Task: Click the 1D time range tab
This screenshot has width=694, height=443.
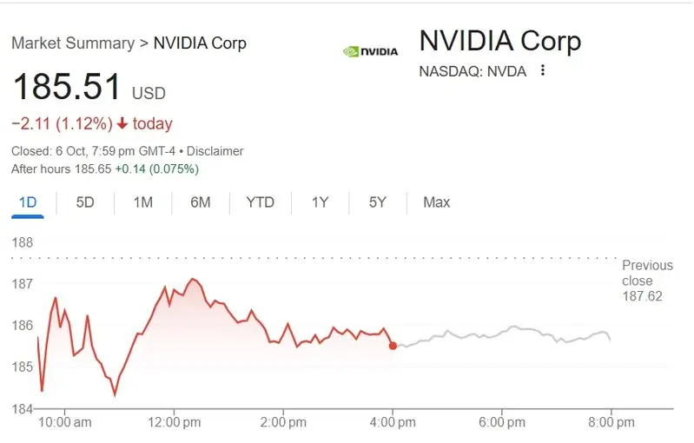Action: (28, 202)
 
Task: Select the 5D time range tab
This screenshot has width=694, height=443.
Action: (85, 202)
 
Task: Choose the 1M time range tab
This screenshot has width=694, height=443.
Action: (143, 202)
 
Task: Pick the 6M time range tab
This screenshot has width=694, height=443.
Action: (201, 202)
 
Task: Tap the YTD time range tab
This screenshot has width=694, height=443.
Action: (260, 202)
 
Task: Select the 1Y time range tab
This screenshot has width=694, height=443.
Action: (321, 202)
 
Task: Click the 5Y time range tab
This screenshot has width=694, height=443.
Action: (377, 202)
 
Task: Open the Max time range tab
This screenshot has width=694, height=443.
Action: (436, 202)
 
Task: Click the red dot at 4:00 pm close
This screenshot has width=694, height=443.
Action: (393, 346)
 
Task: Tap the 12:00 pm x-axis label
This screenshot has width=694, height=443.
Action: (173, 422)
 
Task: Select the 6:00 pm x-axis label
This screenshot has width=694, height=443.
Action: (502, 422)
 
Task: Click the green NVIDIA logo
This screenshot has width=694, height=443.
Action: (370, 51)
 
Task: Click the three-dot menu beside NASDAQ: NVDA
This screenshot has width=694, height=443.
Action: (543, 70)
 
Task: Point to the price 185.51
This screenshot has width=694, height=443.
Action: (66, 89)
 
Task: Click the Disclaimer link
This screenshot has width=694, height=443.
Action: (215, 151)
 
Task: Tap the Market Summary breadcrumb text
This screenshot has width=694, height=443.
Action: (73, 43)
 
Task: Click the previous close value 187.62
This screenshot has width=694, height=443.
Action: (642, 296)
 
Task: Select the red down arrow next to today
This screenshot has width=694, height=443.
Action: (122, 124)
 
